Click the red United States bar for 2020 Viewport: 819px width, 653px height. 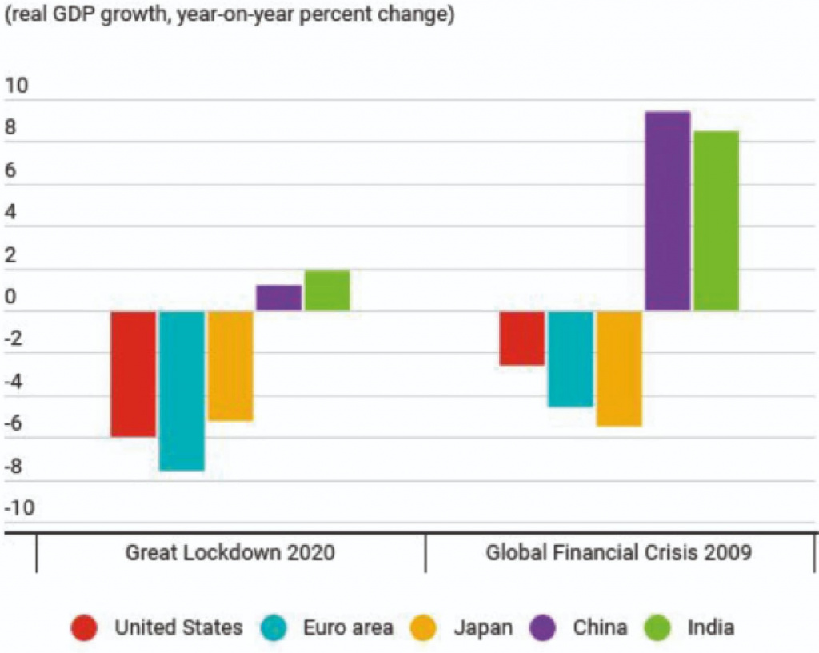pyautogui.click(x=133, y=374)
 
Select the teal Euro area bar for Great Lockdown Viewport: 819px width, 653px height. pyautogui.click(x=182, y=391)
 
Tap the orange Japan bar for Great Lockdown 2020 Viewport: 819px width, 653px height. pyautogui.click(x=230, y=366)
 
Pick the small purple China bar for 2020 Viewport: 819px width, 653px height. pyautogui.click(x=278, y=298)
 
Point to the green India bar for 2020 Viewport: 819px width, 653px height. pyautogui.click(x=327, y=290)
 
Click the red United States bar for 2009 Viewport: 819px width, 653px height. pyautogui.click(x=522, y=339)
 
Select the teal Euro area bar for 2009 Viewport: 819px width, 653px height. pyautogui.click(x=570, y=359)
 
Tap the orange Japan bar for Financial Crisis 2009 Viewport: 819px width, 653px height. pyautogui.click(x=619, y=368)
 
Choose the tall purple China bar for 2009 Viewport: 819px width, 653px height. pyautogui.click(x=668, y=211)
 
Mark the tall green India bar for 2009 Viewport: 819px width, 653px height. pyautogui.click(x=716, y=221)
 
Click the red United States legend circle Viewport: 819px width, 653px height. pyautogui.click(x=85, y=627)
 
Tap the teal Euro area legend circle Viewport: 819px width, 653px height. pyautogui.click(x=274, y=627)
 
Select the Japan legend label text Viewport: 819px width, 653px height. pyautogui.click(x=483, y=627)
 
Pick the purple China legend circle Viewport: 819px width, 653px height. pyautogui.click(x=544, y=627)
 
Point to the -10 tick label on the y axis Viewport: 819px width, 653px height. pyautogui.click(x=21, y=507)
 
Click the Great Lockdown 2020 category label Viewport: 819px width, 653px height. pyautogui.click(x=230, y=553)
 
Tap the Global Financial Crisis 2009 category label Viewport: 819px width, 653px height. pyautogui.click(x=619, y=553)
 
